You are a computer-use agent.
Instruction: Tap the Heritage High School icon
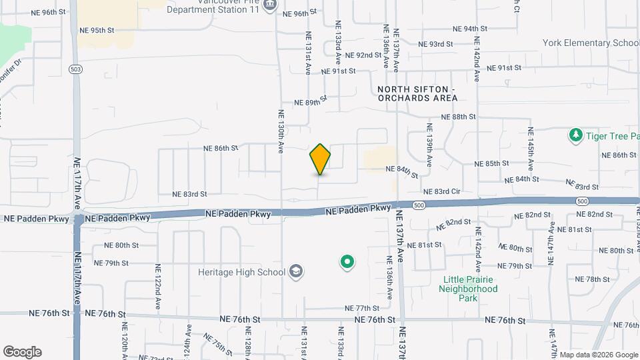point(297,272)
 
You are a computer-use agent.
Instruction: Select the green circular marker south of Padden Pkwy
point(347,262)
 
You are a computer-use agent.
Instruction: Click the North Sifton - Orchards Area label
point(417,93)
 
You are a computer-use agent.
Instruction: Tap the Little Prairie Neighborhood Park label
point(468,289)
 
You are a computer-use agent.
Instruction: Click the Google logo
point(22,352)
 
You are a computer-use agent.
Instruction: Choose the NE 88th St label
point(461,116)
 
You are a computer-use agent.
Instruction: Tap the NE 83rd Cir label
point(442,191)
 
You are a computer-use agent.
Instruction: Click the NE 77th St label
point(362,308)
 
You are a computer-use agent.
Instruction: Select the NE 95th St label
point(97,30)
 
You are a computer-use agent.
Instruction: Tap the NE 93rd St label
point(436,44)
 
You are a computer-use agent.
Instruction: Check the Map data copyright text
point(598,355)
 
